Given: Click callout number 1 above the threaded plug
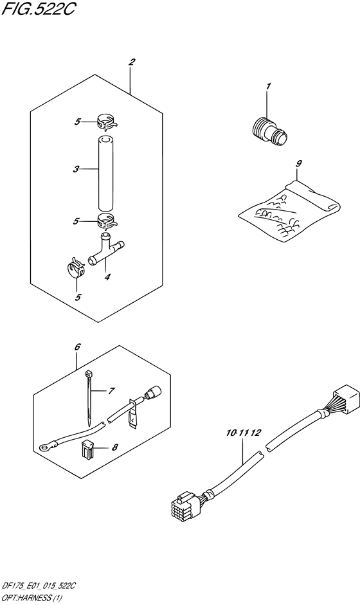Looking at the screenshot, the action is (x=268, y=86).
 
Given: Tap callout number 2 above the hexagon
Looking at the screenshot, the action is (x=132, y=62).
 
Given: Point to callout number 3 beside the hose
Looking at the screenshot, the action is (x=76, y=168).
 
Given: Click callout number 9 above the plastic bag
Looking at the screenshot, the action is (x=298, y=163).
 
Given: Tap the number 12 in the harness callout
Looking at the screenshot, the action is (x=255, y=433).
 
